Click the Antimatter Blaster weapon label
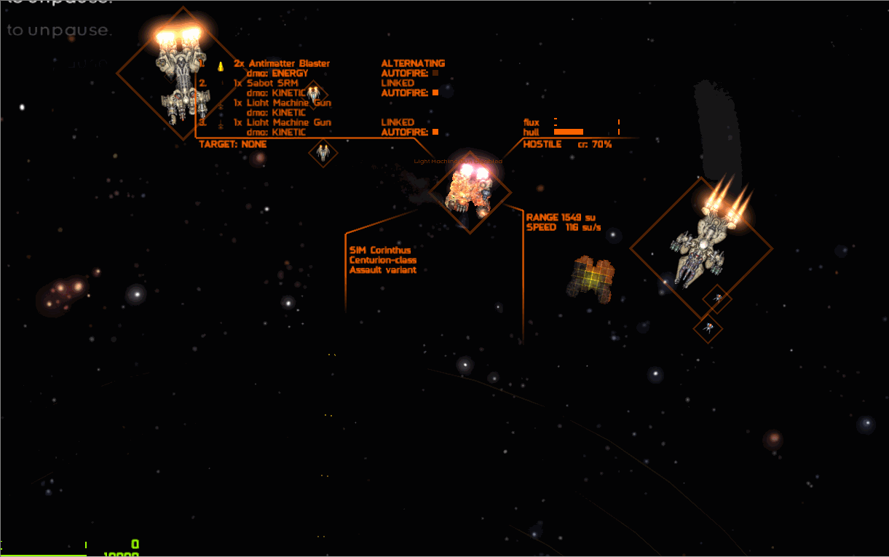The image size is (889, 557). pos(288,63)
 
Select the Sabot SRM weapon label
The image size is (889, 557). pos(272,83)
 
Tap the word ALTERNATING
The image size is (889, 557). pos(413,63)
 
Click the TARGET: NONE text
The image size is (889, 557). pos(233,144)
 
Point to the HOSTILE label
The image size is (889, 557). pos(542,144)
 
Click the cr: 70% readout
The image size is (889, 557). pos(595,144)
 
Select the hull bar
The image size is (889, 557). pos(569,132)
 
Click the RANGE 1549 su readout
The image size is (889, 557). pos(561,217)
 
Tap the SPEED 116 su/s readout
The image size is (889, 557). pos(564,227)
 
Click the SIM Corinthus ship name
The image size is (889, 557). pos(380,250)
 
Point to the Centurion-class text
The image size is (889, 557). pos(383,260)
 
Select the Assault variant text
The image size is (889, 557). pos(383,270)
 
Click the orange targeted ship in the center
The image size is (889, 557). pos(470,191)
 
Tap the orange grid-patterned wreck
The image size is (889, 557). pos(590,278)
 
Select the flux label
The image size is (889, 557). pos(532,122)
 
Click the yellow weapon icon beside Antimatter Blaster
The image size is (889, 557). pos(220,66)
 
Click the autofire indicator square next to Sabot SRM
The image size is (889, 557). pos(435,92)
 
